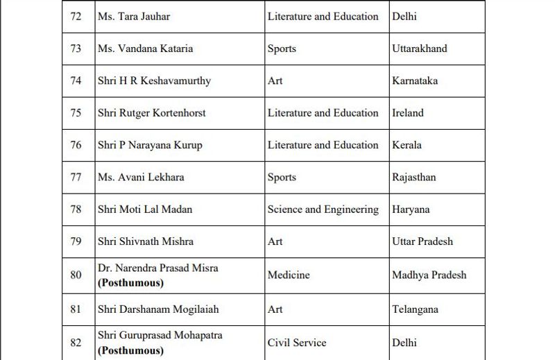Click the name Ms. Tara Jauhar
coord(134,16)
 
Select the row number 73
coord(76,49)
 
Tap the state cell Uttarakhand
coord(420,49)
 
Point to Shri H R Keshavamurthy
coord(155,80)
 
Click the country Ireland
coord(408,112)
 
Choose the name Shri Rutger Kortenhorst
coord(152,112)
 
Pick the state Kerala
coord(407,145)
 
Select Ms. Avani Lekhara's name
coord(142,177)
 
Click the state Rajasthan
coord(414,177)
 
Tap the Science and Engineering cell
coord(323,209)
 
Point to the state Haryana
coord(411,209)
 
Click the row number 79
coord(76,241)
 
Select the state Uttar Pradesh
coord(422,241)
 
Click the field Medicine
coord(289,275)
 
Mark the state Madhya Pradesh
coord(429,275)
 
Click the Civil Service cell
coord(297,343)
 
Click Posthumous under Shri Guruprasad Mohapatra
coord(130,350)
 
